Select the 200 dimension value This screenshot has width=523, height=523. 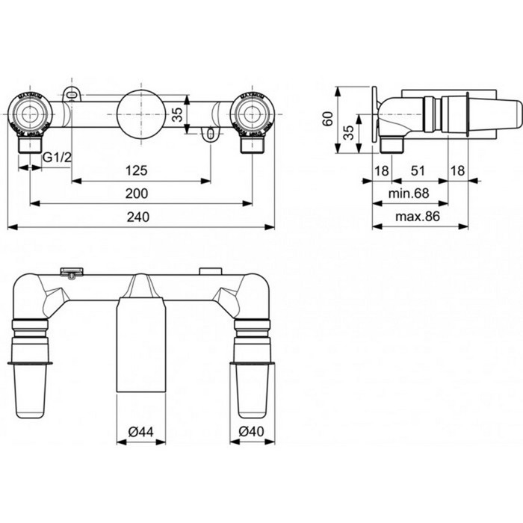click(137, 194)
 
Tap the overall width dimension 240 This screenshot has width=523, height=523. click(137, 217)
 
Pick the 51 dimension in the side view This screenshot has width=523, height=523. click(419, 171)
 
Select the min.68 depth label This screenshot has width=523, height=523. click(408, 194)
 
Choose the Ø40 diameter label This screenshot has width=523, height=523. click(251, 432)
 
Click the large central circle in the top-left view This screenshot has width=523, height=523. click(139, 114)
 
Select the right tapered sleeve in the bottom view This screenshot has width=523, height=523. click(251, 389)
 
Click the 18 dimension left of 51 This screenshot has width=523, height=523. click(381, 171)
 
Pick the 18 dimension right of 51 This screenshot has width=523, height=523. click(457, 171)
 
